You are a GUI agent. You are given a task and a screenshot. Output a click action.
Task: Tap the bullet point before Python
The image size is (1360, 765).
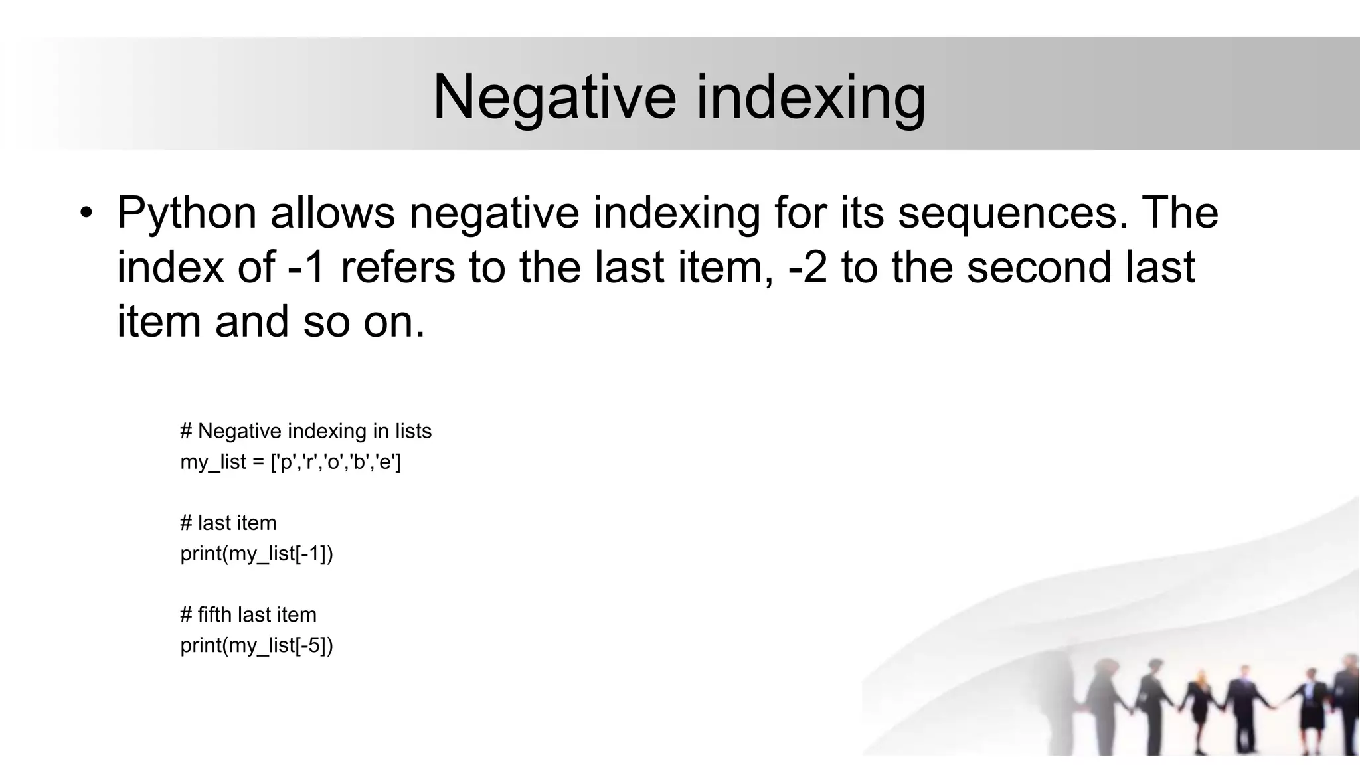(86, 214)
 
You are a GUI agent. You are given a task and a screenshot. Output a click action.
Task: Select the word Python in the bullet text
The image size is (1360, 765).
(187, 214)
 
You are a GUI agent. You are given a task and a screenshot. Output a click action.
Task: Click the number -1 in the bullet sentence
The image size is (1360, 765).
(306, 268)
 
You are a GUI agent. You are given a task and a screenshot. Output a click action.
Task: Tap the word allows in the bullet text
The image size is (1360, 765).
(333, 214)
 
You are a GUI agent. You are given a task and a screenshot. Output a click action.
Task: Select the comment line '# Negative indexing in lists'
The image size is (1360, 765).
(305, 431)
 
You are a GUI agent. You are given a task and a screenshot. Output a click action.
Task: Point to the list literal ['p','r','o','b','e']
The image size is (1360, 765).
(336, 462)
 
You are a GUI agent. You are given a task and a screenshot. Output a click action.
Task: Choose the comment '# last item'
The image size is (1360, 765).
(228, 523)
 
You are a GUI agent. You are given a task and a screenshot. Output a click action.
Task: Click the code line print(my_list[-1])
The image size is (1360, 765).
(256, 553)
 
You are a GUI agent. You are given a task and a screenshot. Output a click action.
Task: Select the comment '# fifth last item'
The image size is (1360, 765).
(248, 614)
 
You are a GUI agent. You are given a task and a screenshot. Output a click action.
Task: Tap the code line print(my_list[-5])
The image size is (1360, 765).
(256, 645)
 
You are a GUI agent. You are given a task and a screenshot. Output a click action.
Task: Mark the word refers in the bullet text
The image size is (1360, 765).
(397, 268)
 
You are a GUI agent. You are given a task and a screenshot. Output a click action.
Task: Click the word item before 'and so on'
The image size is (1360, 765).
(159, 322)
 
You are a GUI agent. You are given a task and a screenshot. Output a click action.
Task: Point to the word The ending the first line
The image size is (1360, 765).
(1181, 214)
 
